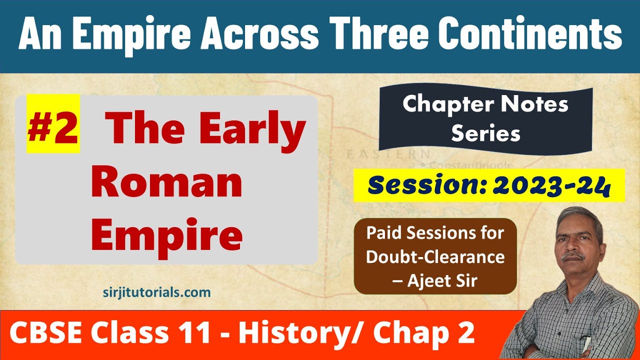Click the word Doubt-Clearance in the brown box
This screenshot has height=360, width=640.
click(435, 257)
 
